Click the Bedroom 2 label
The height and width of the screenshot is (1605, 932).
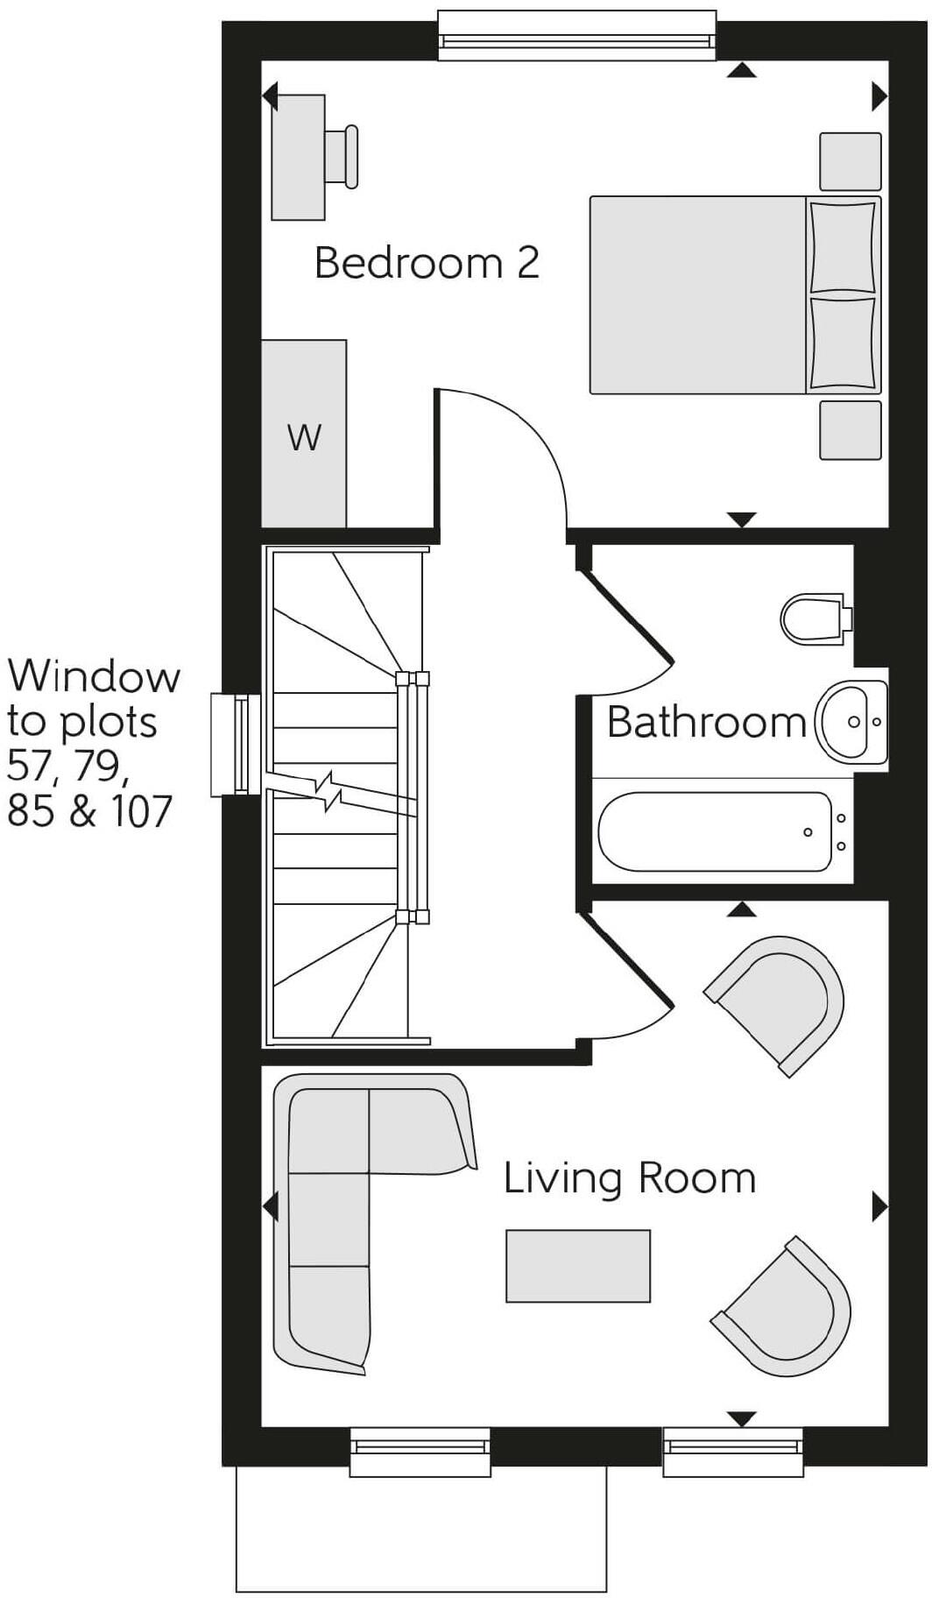point(427,263)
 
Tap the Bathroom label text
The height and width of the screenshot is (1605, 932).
point(705,722)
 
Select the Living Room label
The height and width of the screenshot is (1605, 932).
point(629,1178)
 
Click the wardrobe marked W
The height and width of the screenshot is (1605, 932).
point(304,435)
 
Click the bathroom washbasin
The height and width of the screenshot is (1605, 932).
point(850,722)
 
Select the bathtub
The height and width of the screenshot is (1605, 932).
point(715,832)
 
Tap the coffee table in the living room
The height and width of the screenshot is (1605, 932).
point(578,1266)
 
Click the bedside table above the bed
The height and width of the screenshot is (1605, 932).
point(850,161)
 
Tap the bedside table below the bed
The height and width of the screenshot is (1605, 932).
point(850,430)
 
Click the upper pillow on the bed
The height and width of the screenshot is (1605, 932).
point(842,246)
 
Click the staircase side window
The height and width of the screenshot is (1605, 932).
point(236,745)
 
